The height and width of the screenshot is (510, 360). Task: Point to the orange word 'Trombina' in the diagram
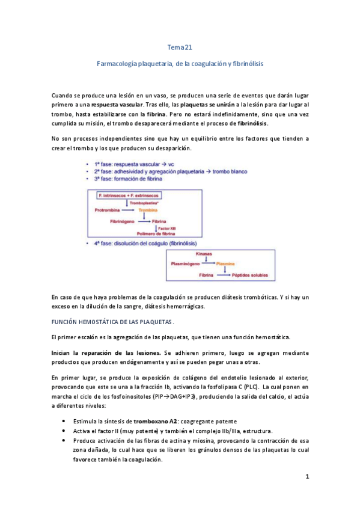tap(148, 210)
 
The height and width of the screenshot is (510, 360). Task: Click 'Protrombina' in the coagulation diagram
tap(109, 210)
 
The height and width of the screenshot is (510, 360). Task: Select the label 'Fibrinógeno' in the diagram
tap(124, 221)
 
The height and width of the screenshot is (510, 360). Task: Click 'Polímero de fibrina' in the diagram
tap(154, 233)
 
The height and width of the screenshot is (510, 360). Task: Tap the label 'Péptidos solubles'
tap(248, 274)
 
